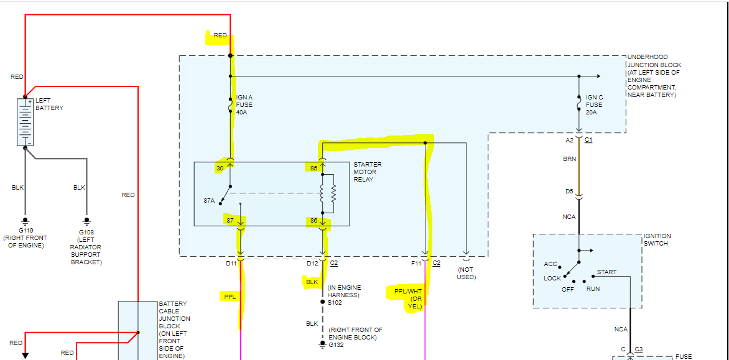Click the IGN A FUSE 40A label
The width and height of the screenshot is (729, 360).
click(x=244, y=105)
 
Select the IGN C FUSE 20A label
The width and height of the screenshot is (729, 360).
click(x=594, y=105)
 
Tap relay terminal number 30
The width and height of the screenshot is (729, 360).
click(x=220, y=167)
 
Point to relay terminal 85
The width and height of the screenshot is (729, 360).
click(x=313, y=168)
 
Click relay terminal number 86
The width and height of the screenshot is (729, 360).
click(x=313, y=220)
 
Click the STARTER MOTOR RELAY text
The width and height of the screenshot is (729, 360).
click(x=367, y=172)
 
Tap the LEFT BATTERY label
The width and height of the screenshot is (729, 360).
click(x=49, y=104)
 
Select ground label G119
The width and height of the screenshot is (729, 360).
click(x=25, y=230)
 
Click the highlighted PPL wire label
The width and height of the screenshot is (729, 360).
click(x=229, y=297)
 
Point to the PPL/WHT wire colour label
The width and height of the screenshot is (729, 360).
click(x=408, y=291)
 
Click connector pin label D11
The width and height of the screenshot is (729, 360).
click(x=231, y=264)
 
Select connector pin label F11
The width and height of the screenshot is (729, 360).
click(x=416, y=264)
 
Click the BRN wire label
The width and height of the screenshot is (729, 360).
click(x=569, y=159)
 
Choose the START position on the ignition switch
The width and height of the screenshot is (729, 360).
click(x=606, y=272)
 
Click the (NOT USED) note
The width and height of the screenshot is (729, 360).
click(x=467, y=274)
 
